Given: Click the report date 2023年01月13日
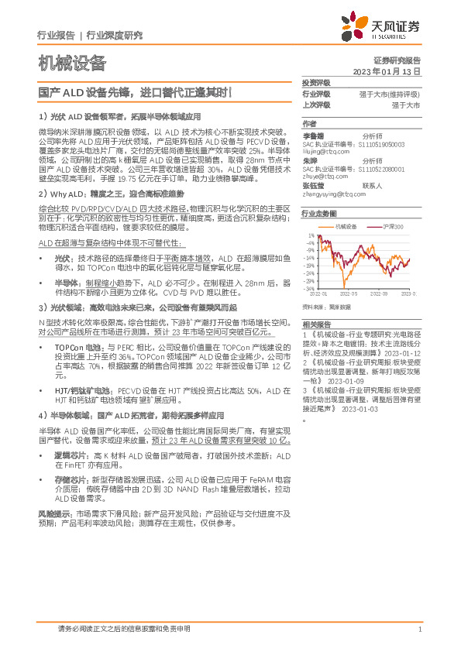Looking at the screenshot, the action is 386,70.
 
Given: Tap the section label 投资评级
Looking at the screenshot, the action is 315,83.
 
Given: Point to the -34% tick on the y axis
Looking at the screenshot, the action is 310,289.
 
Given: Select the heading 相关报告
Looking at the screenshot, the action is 315,324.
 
